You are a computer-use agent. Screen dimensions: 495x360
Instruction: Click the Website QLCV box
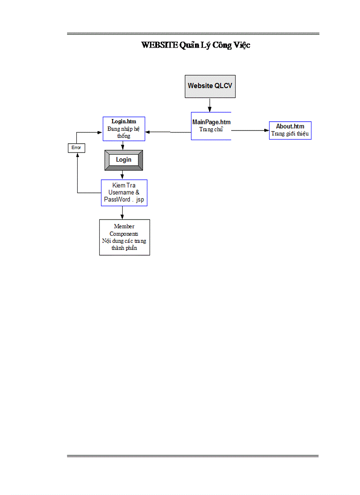click(210, 86)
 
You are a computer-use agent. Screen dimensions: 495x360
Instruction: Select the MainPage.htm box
click(211, 126)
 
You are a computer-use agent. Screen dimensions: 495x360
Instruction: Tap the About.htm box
click(290, 130)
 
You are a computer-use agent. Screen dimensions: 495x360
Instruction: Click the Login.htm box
click(124, 129)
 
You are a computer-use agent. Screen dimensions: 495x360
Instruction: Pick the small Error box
click(76, 148)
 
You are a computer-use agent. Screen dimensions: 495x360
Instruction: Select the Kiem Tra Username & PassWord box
click(124, 193)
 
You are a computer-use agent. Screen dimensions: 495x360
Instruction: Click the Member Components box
click(124, 237)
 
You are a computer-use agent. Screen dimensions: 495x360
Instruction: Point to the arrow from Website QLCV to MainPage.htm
click(210, 105)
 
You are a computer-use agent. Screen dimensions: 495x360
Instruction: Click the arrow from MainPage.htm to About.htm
click(250, 130)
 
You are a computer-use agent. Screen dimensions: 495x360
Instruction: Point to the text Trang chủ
click(211, 130)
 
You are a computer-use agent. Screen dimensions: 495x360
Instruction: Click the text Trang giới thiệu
click(290, 134)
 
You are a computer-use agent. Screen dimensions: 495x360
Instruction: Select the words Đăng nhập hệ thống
click(124, 132)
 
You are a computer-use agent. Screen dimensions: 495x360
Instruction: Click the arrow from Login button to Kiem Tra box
click(123, 175)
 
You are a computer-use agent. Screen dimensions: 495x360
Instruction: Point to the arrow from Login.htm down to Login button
click(123, 145)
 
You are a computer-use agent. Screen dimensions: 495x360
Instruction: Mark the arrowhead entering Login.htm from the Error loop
click(100, 132)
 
